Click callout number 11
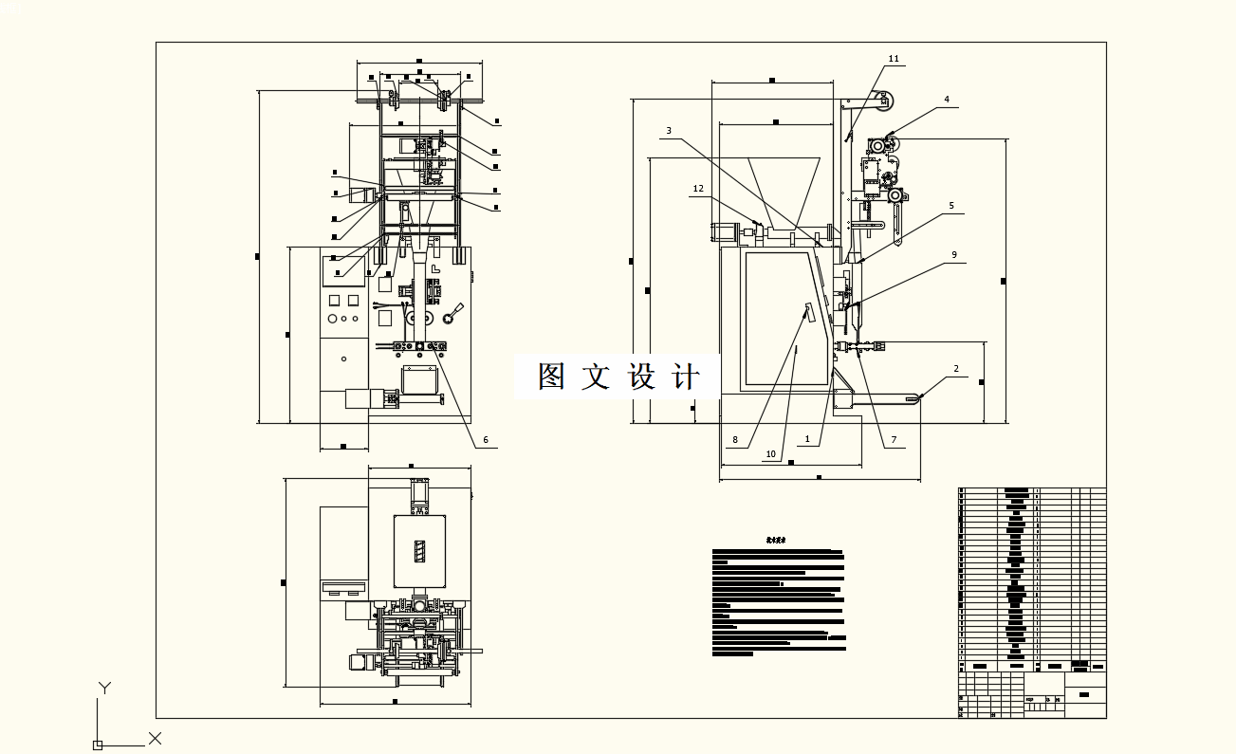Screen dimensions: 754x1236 point(893,59)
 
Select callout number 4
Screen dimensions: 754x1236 point(946,100)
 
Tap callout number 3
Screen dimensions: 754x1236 point(668,131)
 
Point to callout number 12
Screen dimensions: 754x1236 point(698,189)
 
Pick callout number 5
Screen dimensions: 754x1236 point(951,206)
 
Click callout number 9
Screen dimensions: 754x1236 point(954,254)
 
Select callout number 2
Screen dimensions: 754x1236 point(956,369)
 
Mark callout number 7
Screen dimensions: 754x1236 point(892,440)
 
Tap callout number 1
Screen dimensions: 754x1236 point(807,439)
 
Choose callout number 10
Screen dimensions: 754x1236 point(770,454)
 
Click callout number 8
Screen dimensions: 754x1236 point(734,440)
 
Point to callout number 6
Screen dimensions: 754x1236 point(485,440)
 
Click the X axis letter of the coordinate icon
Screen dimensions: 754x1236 point(156,738)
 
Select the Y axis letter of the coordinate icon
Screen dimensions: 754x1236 point(105,689)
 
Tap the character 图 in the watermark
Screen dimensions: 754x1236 point(553,377)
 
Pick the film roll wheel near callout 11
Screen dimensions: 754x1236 point(884,99)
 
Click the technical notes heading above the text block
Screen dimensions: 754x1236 point(776,540)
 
